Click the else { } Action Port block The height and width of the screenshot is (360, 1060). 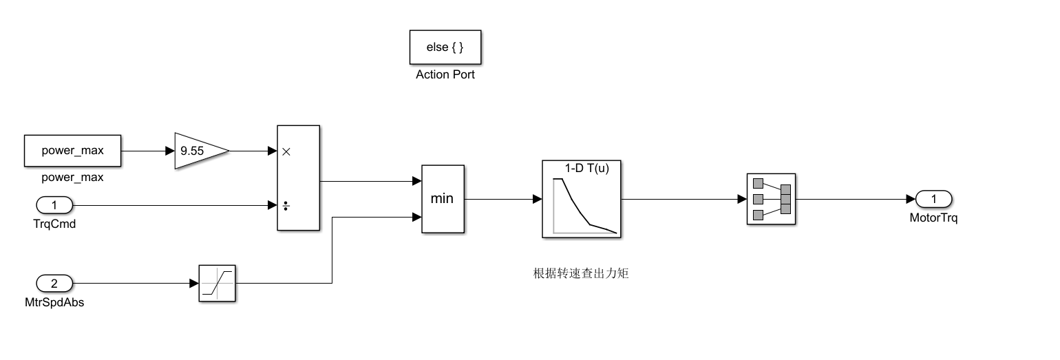coord(445,47)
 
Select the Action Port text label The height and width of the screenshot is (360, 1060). coord(445,75)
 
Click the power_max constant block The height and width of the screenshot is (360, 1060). coord(72,151)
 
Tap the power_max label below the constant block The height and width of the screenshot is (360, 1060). coord(72,177)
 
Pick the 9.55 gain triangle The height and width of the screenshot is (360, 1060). coord(198,151)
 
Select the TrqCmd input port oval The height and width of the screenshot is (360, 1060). coord(53,204)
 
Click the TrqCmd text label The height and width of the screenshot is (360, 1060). coord(53,222)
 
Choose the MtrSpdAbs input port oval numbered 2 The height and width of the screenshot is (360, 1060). coord(53,283)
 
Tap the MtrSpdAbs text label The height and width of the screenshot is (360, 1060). coord(54,302)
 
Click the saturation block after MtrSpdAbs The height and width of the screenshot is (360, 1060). coord(218,283)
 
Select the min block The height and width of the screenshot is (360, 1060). coord(443,199)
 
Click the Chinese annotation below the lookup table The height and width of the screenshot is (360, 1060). coord(582,273)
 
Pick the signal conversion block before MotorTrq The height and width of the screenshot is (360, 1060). coord(771,199)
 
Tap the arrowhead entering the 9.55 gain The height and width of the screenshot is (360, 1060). coord(170,151)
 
